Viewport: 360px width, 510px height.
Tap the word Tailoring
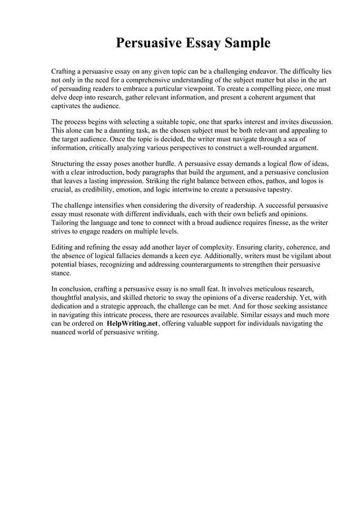coord(67,223)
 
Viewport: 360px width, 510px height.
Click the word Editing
coord(63,247)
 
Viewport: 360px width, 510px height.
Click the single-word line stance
coord(61,273)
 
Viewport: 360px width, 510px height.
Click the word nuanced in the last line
coord(66,332)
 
